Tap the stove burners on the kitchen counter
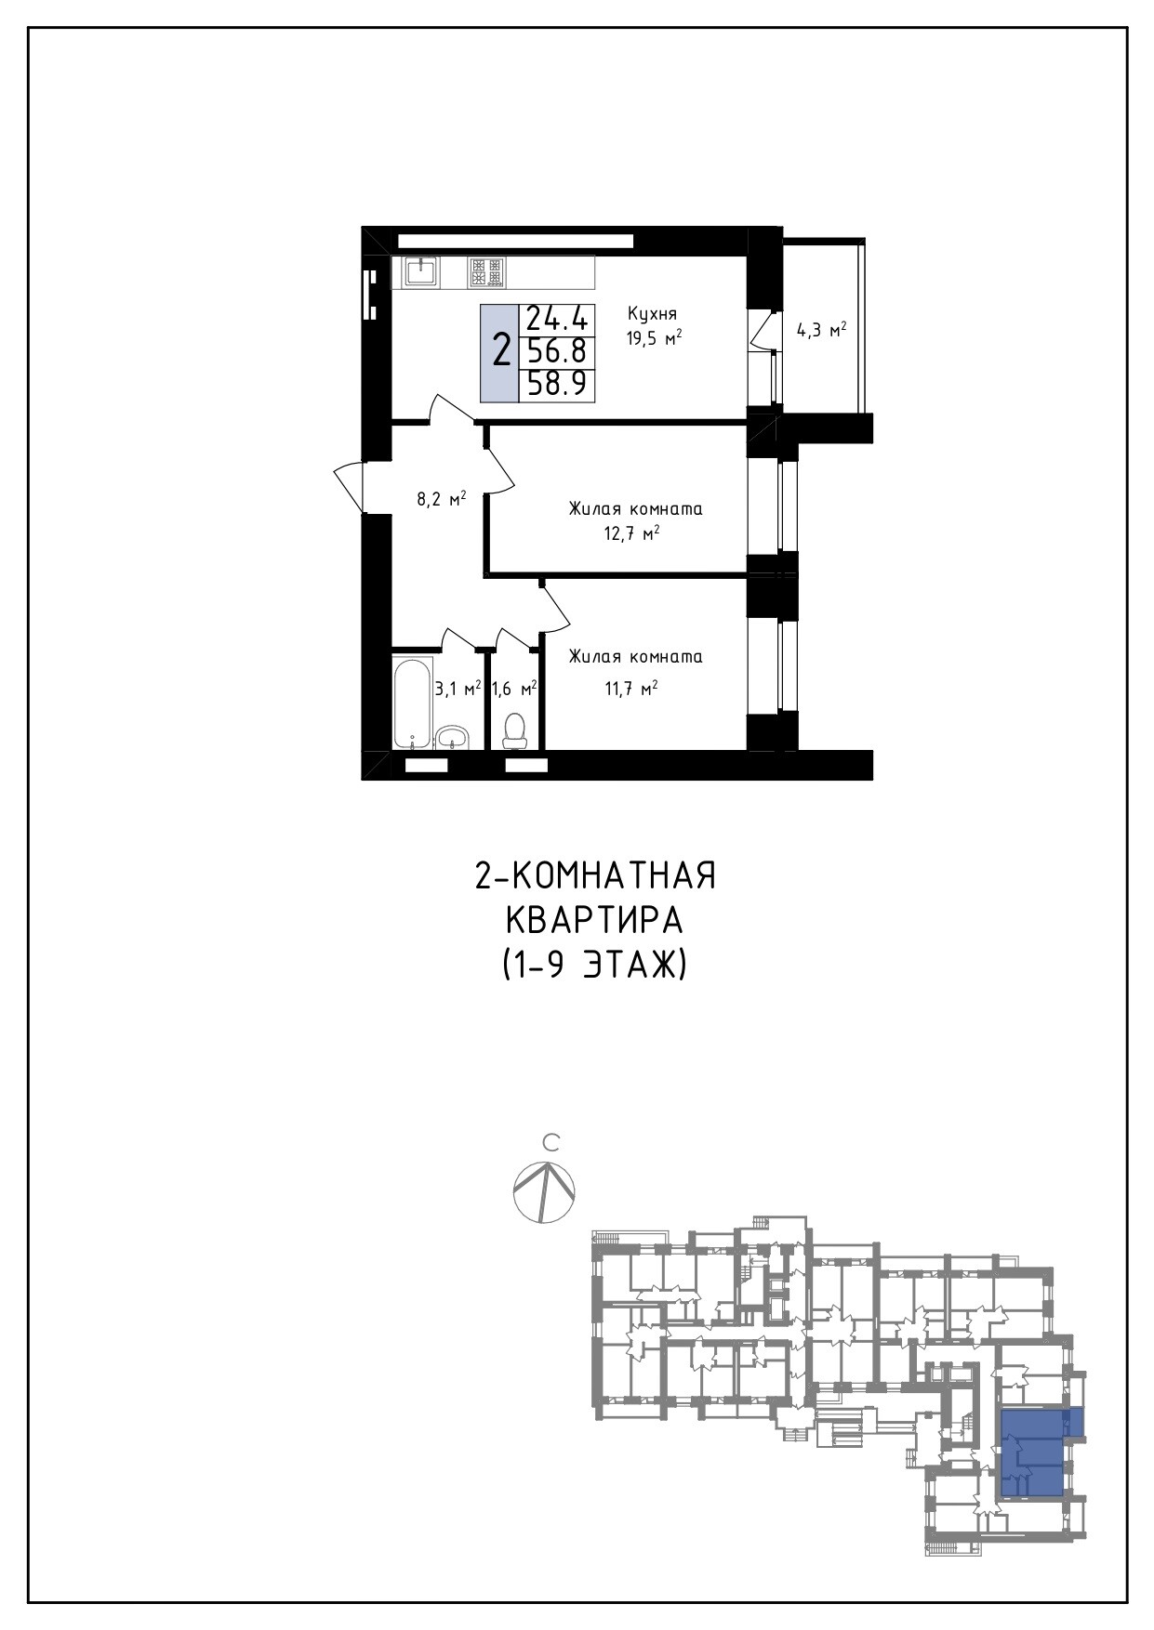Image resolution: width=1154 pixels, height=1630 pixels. [486, 271]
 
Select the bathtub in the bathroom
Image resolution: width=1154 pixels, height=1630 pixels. [413, 703]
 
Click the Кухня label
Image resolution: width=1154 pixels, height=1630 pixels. [652, 313]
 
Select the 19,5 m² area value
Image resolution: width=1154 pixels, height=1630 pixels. [654, 338]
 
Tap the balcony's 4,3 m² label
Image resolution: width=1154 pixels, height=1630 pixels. [820, 330]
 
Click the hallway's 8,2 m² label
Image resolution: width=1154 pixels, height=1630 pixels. [441, 499]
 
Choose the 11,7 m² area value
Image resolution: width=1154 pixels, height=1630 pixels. [631, 689]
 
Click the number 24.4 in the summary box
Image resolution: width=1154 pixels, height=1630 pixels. [557, 320]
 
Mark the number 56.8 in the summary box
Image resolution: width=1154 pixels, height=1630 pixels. [557, 351]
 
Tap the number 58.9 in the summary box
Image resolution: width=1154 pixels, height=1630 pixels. [557, 383]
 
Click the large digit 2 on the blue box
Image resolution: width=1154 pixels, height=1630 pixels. [501, 352]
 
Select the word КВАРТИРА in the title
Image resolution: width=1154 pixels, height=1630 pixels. [594, 921]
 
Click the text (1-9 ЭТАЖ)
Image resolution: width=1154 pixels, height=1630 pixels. [594, 966]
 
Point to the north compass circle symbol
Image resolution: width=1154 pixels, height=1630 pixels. [545, 1191]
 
